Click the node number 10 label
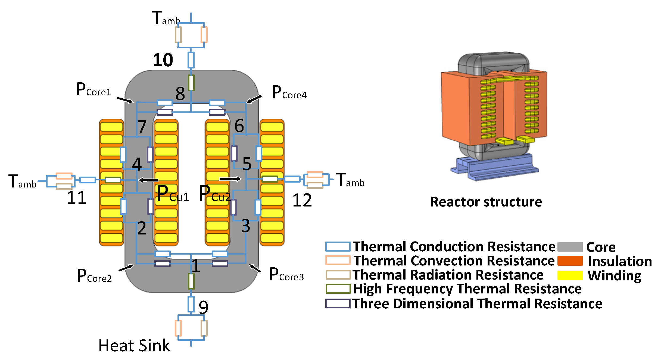click(163, 60)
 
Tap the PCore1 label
click(93, 90)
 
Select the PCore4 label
click(289, 93)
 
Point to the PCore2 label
click(94, 276)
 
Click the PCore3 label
click(286, 275)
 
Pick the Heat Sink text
click(134, 346)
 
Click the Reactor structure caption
click(486, 202)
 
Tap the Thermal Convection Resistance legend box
click(338, 260)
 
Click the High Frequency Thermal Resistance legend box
click(338, 289)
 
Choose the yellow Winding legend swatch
click(570, 275)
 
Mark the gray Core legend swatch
click(570, 247)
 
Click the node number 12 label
click(302, 201)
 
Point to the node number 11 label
click(76, 198)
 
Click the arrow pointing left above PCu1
click(148, 180)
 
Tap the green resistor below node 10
click(191, 83)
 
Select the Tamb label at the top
click(166, 19)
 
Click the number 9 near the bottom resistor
click(203, 307)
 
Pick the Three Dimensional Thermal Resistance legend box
click(338, 303)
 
